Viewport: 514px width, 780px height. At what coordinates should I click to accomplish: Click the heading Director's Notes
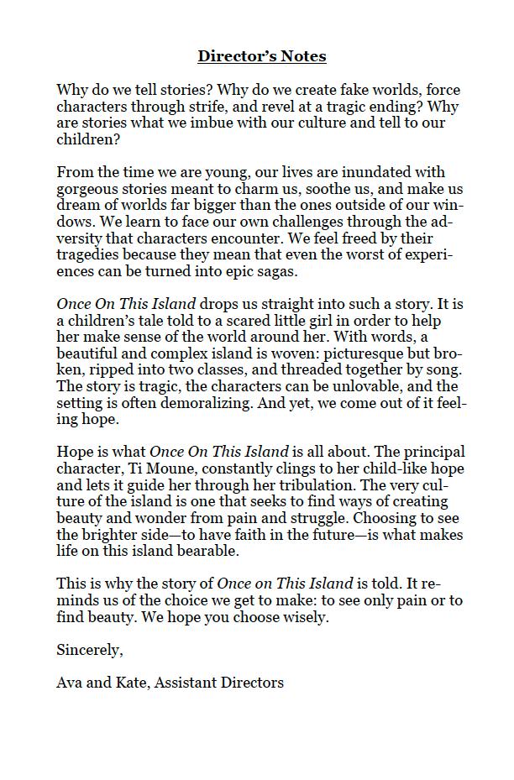tap(262, 56)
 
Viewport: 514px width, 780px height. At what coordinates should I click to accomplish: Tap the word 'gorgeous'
tap(89, 189)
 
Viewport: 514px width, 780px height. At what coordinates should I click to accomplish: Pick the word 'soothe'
tap(331, 189)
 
